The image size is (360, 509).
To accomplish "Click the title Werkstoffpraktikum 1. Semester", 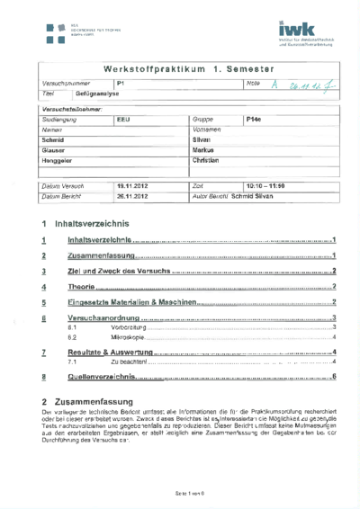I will [x=179, y=68].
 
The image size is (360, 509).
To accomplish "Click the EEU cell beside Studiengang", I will [x=124, y=119].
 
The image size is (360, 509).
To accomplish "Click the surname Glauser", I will [x=54, y=150].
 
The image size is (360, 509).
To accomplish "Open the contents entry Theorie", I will [x=83, y=287].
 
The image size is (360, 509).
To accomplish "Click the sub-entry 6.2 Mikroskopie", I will [x=126, y=336].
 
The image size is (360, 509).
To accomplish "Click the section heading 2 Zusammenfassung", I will [x=87, y=401].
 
